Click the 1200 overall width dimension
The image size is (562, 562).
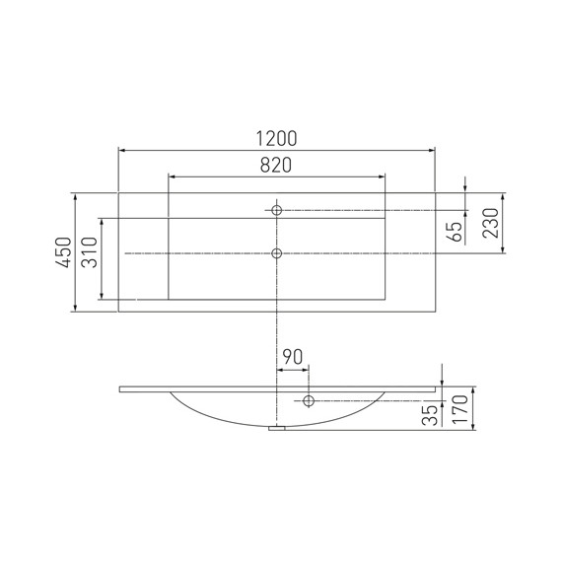pyautogui.click(x=276, y=138)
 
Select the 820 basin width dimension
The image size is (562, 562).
pyautogui.click(x=276, y=166)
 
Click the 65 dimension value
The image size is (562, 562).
pyautogui.click(x=455, y=232)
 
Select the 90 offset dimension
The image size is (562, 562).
pyautogui.click(x=293, y=355)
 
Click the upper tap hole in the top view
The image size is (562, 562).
pyautogui.click(x=277, y=210)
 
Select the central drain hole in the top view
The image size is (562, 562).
pyautogui.click(x=277, y=253)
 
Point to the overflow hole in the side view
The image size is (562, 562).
pyautogui.click(x=309, y=400)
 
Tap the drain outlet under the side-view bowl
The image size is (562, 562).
pyautogui.click(x=278, y=427)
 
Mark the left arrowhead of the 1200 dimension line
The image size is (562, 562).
pyautogui.click(x=121, y=150)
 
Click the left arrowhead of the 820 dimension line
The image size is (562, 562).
pyautogui.click(x=172, y=177)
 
